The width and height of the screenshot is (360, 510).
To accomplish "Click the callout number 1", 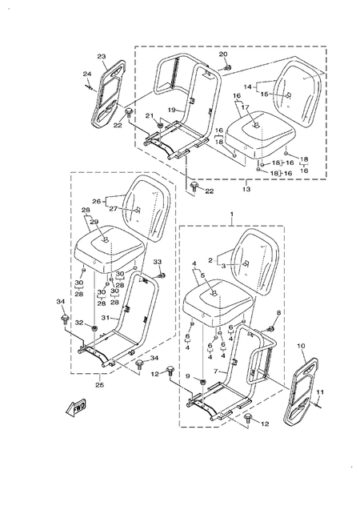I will [x=231, y=215].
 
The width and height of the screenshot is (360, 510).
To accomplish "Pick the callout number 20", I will [x=223, y=55].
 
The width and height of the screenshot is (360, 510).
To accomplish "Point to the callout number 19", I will [x=170, y=109].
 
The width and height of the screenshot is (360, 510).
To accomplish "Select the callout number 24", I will [x=87, y=76].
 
